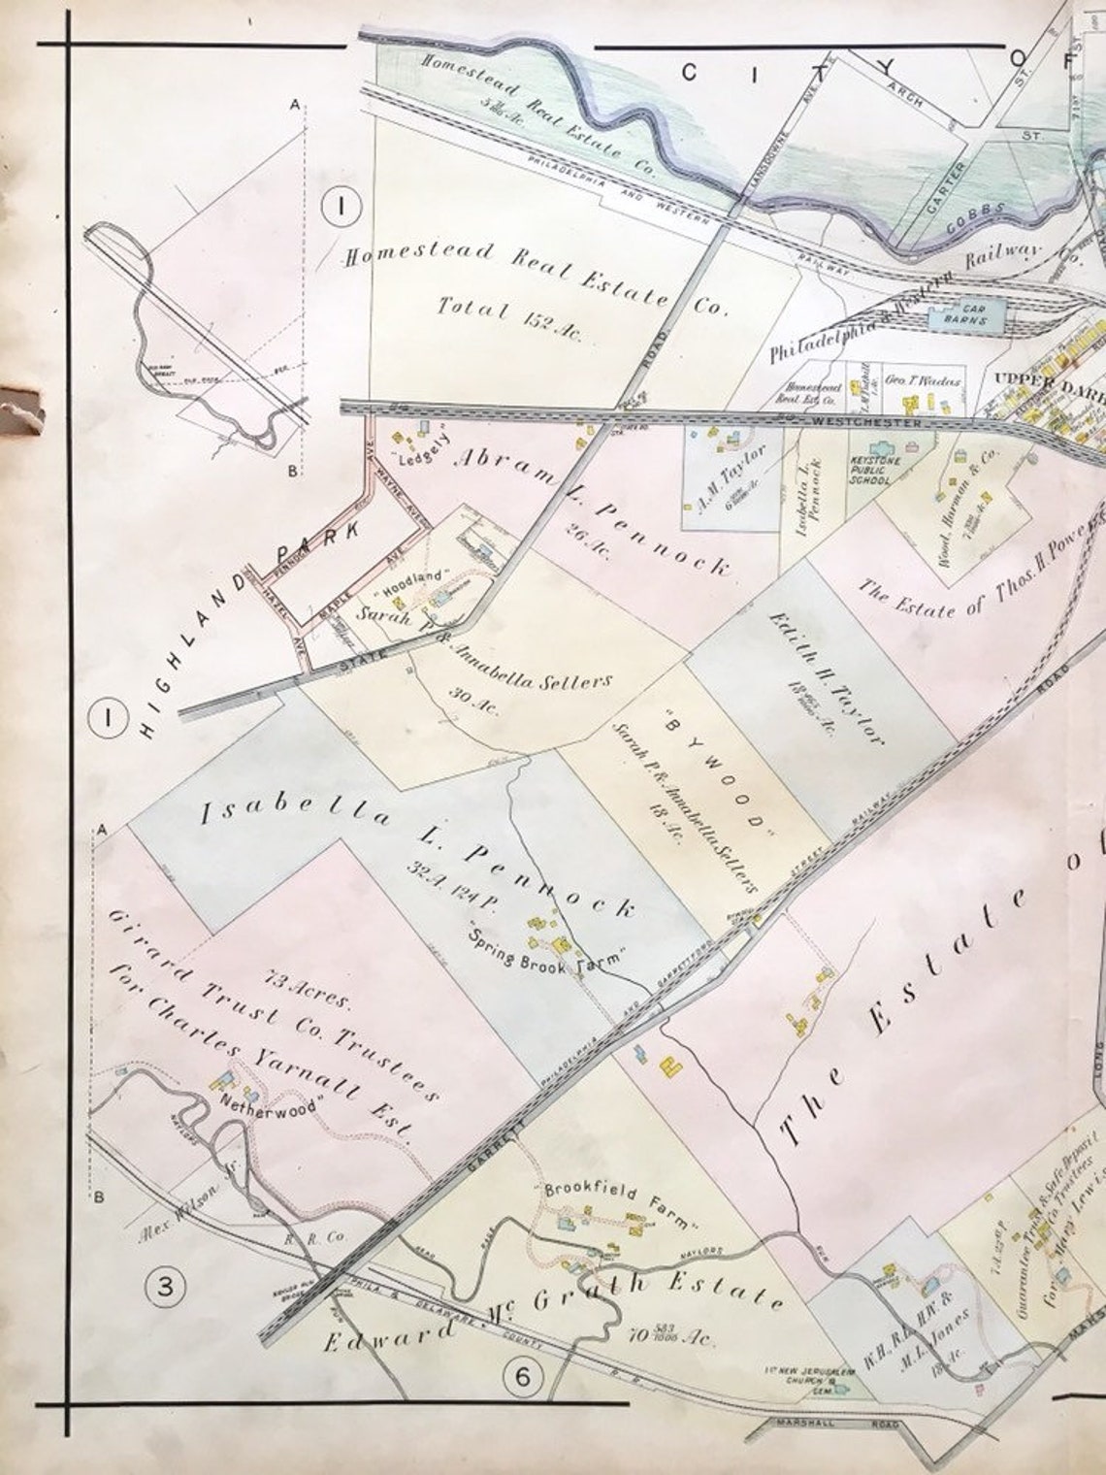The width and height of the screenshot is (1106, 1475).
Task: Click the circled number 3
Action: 165,1287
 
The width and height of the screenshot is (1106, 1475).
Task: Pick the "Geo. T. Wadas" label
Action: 923,381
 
